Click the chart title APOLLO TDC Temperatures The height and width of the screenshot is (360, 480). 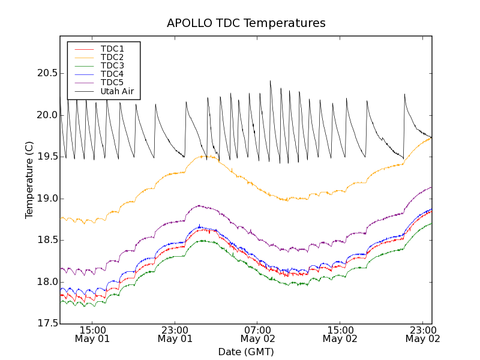click(x=246, y=23)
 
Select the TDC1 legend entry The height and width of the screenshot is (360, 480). click(x=112, y=49)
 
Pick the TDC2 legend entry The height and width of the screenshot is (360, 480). click(x=112, y=57)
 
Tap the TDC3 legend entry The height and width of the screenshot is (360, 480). click(x=112, y=65)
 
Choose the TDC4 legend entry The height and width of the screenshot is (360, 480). click(x=112, y=74)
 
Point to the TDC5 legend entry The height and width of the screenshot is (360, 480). click(x=112, y=82)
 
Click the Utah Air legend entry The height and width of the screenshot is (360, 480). click(x=117, y=91)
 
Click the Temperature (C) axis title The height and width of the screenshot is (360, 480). click(x=29, y=180)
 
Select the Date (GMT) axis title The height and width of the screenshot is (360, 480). click(x=246, y=352)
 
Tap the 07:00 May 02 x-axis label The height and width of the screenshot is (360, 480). click(x=257, y=334)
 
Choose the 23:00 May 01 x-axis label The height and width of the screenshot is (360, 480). click(x=175, y=334)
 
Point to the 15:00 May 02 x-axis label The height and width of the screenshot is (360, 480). click(x=340, y=334)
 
